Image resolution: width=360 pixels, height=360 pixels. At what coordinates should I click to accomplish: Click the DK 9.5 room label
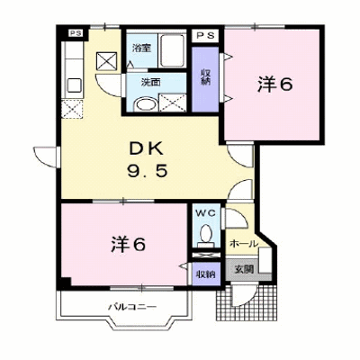coord(147,160)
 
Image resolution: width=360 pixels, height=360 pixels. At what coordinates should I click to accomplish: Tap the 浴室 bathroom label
coord(141,48)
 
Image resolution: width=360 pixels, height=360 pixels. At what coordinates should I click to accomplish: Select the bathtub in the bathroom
coord(172,50)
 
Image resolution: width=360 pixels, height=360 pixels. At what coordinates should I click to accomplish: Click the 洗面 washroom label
coord(150,82)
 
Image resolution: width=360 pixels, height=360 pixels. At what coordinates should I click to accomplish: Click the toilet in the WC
coord(205,235)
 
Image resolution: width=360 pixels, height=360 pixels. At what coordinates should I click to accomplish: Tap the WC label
coord(205,213)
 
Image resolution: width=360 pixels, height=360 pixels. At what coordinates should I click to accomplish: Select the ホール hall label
coord(244,244)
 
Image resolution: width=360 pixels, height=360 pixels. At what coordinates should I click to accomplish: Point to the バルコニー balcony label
coord(132,307)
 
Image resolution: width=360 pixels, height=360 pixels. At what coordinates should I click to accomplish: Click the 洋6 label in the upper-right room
coord(274,85)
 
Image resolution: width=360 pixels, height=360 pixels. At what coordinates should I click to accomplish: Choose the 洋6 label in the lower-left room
coord(128,244)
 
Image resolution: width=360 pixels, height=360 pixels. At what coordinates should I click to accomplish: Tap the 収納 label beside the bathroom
coord(205,76)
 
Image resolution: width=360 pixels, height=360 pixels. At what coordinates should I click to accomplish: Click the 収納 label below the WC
coord(206,274)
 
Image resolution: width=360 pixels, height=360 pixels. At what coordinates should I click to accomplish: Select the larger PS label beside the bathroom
coord(207,35)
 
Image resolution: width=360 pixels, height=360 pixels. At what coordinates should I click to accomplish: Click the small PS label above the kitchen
coord(76,33)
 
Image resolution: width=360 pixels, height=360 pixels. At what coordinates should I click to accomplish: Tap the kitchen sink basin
coord(74,85)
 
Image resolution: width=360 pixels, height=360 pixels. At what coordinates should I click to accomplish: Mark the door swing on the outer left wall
coord(45,156)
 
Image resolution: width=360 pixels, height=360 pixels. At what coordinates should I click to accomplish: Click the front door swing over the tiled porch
coord(245,294)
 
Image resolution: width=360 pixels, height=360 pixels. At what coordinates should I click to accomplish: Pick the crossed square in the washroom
coord(173,103)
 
